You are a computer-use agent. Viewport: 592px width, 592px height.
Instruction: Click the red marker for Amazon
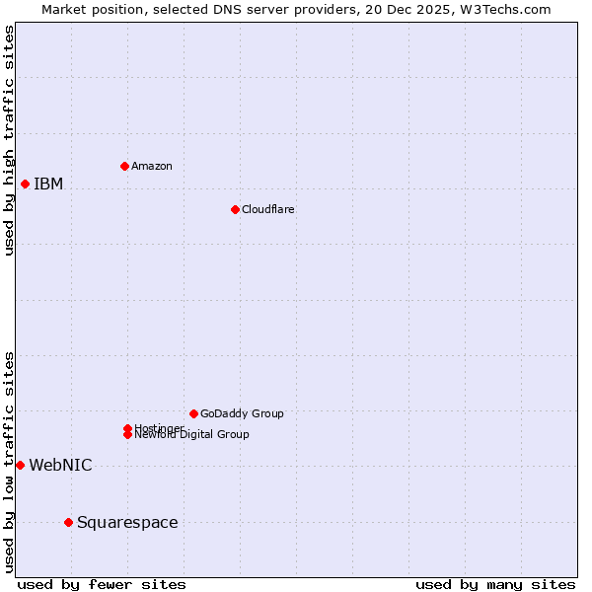click(124, 166)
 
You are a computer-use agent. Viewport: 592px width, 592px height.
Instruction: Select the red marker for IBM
click(25, 184)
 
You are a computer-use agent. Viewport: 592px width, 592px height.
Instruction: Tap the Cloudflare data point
click(235, 209)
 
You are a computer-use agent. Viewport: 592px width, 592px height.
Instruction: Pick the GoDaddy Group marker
click(193, 413)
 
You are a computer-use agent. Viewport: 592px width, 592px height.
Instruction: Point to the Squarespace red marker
click(68, 522)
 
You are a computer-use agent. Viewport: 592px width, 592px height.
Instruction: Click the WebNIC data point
click(20, 465)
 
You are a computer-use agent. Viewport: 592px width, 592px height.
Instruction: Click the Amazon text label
click(152, 166)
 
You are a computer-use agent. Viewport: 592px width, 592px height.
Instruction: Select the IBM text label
click(48, 185)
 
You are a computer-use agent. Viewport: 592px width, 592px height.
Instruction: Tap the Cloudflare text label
click(268, 209)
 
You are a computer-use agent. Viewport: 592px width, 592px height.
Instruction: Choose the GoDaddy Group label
click(242, 413)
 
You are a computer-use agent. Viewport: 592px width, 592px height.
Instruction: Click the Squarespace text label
click(127, 523)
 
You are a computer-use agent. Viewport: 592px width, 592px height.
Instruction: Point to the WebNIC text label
click(60, 466)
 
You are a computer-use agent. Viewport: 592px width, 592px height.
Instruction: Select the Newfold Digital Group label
click(192, 435)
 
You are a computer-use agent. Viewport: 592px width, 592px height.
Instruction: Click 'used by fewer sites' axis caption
click(102, 584)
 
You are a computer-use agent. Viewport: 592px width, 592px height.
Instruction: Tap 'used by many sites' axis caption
click(495, 584)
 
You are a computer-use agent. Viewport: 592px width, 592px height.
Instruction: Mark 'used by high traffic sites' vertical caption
click(10, 140)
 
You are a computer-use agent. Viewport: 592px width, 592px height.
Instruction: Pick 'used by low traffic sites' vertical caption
click(10, 462)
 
